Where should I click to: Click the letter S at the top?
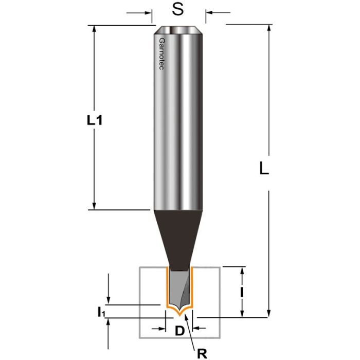point(178,11)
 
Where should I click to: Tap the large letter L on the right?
point(263,169)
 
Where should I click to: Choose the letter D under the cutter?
point(179,330)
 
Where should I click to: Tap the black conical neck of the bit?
point(178,237)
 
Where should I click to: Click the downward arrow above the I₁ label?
point(108,301)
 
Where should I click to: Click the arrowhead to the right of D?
point(196,328)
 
